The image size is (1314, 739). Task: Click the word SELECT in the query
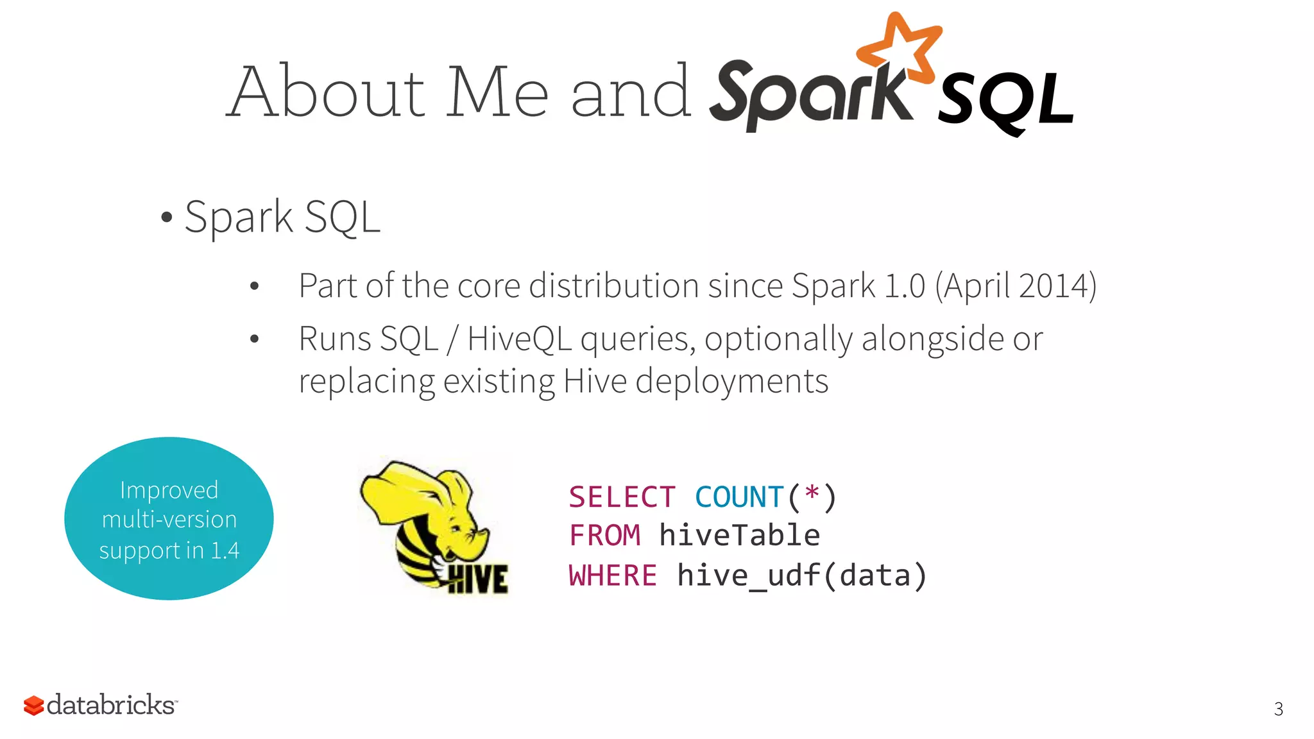coord(622,497)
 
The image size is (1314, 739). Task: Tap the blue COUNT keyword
coord(739,497)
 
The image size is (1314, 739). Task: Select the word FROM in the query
coord(604,536)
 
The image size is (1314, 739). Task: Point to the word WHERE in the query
coord(613,575)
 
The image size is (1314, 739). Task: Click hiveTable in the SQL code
coord(739,536)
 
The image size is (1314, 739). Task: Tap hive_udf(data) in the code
coord(802,575)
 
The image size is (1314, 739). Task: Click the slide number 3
coord(1278,709)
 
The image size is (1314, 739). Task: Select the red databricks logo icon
coord(33,705)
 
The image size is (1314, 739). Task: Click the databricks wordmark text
coord(110,705)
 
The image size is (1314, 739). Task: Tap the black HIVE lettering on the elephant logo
coord(479,579)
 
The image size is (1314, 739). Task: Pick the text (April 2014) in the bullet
coord(1016,285)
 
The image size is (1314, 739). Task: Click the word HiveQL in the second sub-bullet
coord(519,339)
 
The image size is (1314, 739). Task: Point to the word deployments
coord(731,382)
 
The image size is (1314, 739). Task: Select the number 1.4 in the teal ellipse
coord(225,550)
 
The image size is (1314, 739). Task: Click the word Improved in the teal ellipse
coord(169,490)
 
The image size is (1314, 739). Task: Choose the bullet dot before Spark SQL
coord(167,217)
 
